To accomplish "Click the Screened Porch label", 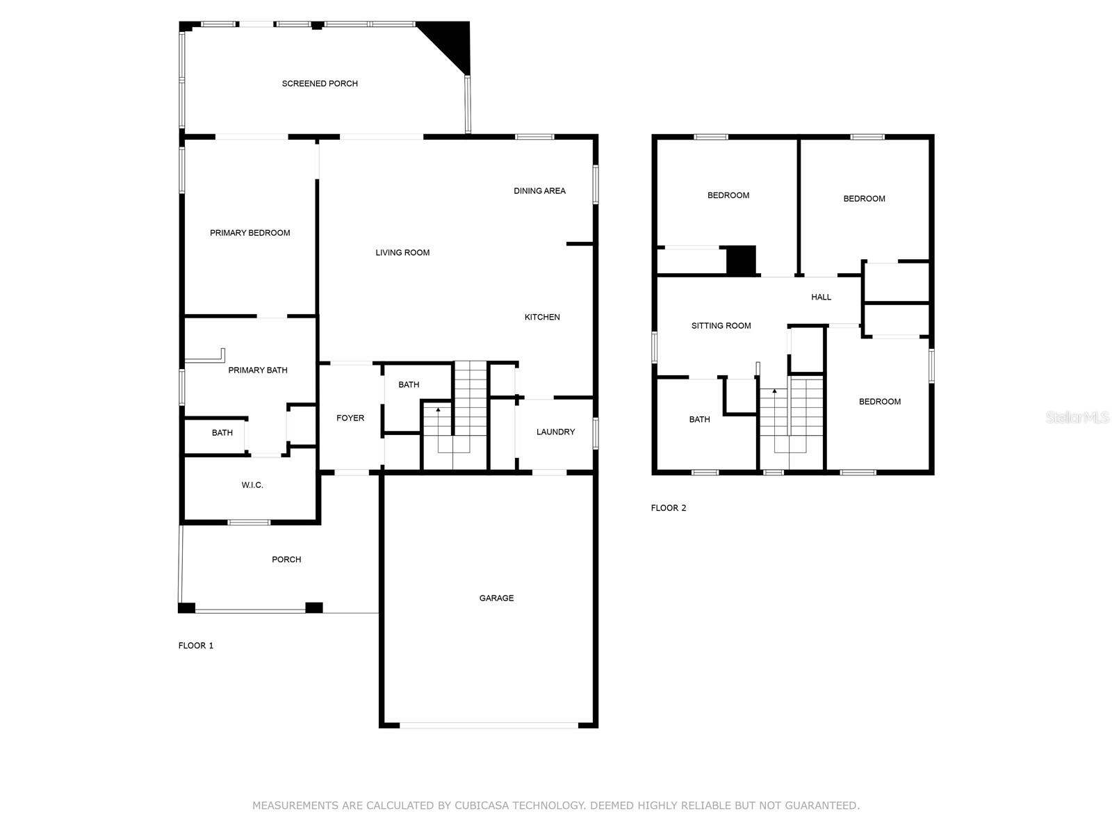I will tap(320, 83).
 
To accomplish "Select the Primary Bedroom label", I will tap(250, 233).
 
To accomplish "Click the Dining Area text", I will tap(539, 190).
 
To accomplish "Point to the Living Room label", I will tap(402, 253).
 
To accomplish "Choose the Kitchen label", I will tap(542, 317).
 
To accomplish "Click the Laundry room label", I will tap(555, 432).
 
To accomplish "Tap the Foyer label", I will tap(350, 418).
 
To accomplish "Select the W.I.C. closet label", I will tap(252, 485).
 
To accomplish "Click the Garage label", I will tap(496, 598).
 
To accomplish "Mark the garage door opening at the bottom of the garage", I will tap(489, 726).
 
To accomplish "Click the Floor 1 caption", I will tap(196, 646).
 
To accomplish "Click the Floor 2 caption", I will tap(668, 508).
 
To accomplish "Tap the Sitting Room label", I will tap(721, 326).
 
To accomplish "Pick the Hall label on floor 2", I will tap(821, 297).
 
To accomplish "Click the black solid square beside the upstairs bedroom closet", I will tap(741, 261).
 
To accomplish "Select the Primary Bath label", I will tap(258, 370).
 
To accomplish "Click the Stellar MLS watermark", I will tap(1077, 418).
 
